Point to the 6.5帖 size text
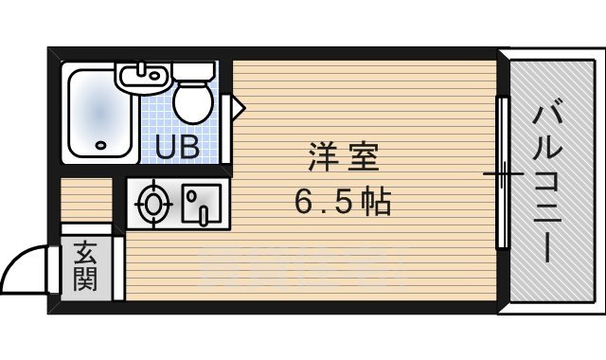click(x=341, y=201)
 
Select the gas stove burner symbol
click(x=152, y=203)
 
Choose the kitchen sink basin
click(x=203, y=204)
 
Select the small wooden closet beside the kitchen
click(x=86, y=200)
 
